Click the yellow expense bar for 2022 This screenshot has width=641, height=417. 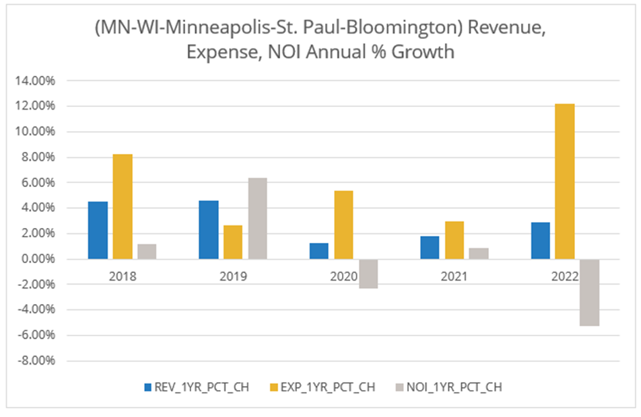[564, 182]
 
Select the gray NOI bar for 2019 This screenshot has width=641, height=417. [257, 219]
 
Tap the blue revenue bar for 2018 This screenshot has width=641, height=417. [98, 230]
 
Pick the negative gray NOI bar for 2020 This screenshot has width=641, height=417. [368, 274]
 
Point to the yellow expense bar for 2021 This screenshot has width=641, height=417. [454, 240]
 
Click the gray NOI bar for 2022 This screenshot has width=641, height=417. [589, 293]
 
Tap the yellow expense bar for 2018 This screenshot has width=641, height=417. [123, 206]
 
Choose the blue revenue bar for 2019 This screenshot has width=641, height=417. [209, 229]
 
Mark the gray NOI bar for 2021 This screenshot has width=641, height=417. [479, 254]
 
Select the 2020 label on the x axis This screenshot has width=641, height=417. [343, 276]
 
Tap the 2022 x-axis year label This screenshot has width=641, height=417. [564, 276]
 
